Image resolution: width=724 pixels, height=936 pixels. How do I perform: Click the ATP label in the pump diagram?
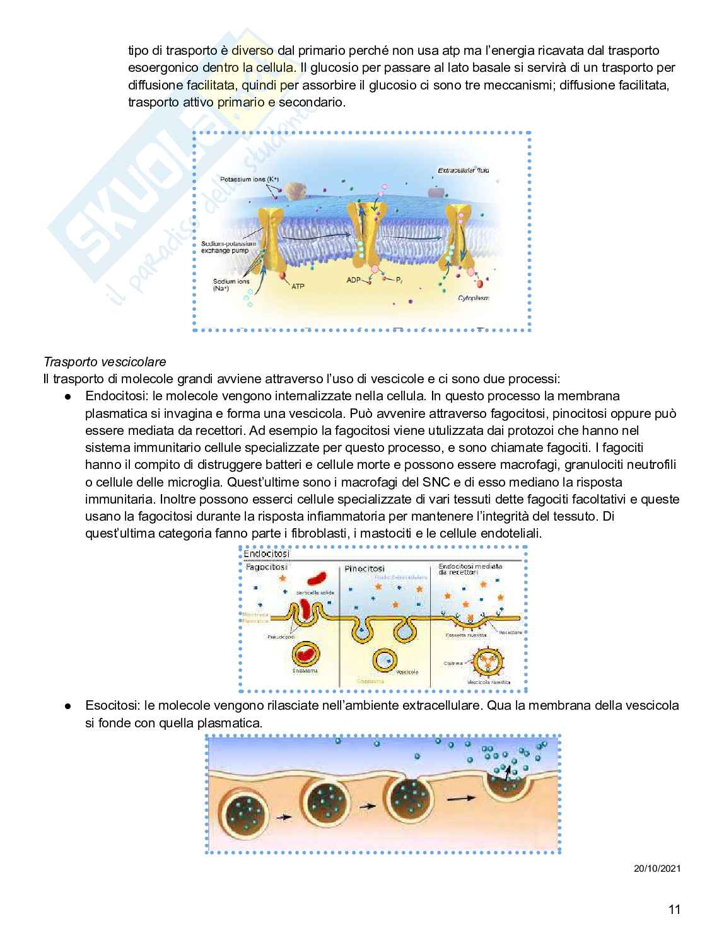298,286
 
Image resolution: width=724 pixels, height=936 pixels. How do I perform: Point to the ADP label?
354,279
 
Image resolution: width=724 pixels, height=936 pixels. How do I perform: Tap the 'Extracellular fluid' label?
464,170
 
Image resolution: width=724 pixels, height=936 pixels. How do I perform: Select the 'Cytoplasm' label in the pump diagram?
474,298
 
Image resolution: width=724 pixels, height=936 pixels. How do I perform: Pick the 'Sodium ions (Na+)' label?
231,285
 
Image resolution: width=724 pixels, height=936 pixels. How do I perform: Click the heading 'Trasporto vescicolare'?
105,362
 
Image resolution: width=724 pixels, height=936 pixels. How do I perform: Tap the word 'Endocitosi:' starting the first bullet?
114,396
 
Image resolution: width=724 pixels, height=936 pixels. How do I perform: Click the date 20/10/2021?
657,868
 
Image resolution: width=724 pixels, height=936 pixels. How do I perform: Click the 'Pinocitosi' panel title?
364,569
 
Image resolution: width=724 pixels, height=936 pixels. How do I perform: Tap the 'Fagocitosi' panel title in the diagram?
266,567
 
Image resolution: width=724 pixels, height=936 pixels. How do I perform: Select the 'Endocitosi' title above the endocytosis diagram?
266,554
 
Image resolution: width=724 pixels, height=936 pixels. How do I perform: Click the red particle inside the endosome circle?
305,654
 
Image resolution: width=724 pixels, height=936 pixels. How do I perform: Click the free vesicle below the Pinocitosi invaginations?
384,659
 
